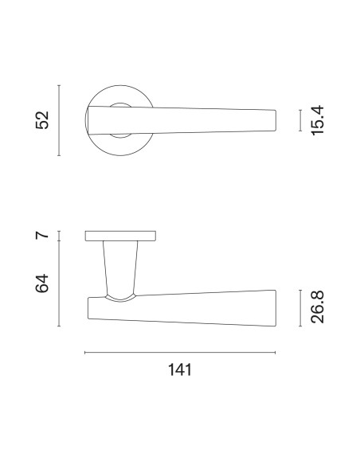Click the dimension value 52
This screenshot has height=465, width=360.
point(42,120)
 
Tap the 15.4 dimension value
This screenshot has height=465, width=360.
point(317,120)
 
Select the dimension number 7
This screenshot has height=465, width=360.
point(42,235)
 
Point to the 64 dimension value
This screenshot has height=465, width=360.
point(42,283)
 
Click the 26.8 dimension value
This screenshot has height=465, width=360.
point(317,307)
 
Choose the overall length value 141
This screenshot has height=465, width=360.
point(180,369)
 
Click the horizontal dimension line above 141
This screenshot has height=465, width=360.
point(180,353)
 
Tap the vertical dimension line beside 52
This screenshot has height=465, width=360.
point(59,120)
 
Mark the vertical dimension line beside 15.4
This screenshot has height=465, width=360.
point(300,120)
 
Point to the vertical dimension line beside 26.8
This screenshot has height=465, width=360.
point(300,308)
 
